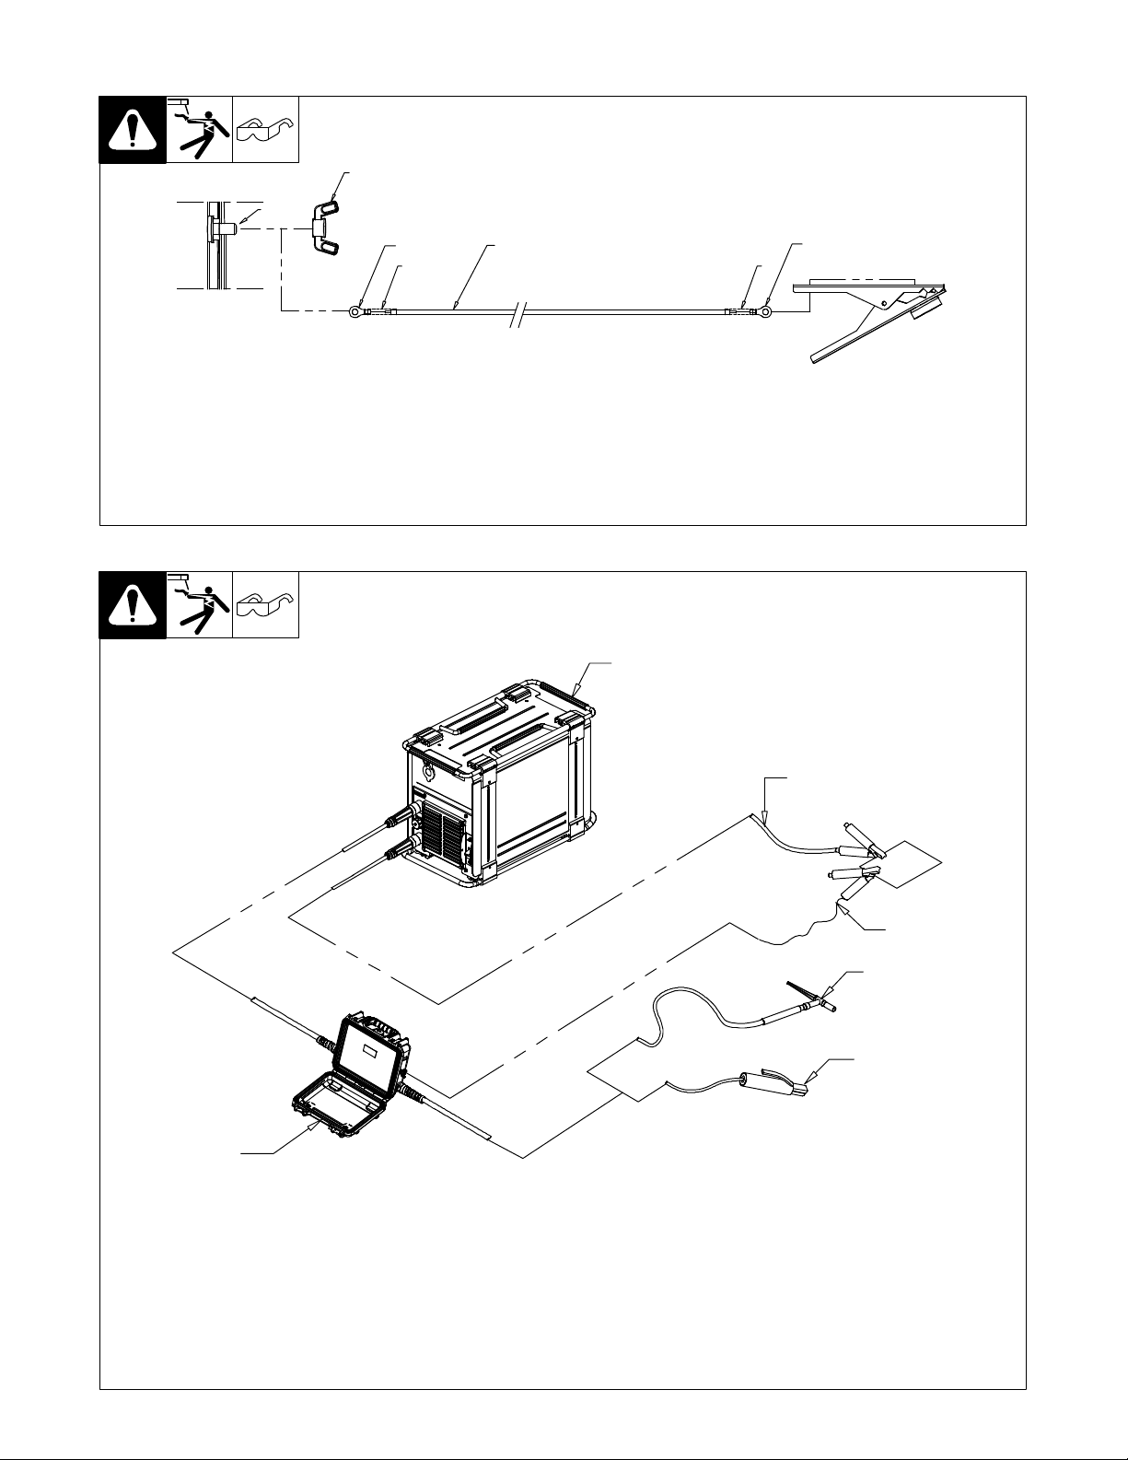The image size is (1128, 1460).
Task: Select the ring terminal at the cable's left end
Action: [x=355, y=312]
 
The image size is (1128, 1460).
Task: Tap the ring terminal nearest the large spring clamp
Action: [x=764, y=312]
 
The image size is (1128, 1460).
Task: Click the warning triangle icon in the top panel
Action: [x=133, y=130]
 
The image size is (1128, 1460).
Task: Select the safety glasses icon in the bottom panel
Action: [x=265, y=605]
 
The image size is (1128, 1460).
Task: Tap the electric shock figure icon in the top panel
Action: [x=199, y=130]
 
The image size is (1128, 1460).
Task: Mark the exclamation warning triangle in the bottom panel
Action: [x=133, y=605]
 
